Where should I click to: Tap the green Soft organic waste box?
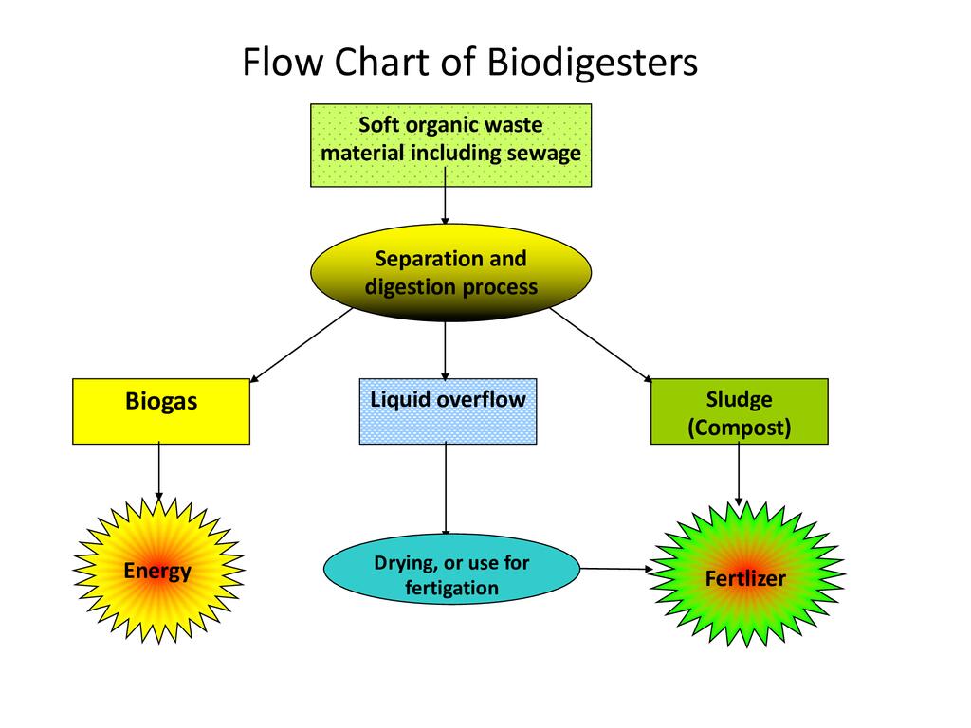coord(450,145)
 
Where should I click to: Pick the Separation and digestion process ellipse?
coord(450,273)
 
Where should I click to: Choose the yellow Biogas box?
coord(161,411)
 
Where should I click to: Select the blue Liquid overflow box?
coord(448,411)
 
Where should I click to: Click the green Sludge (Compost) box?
coord(739,411)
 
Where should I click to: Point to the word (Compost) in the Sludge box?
coord(739,428)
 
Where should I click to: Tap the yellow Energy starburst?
coord(158,571)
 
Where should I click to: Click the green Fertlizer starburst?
coord(745,576)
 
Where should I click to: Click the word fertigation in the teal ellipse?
coord(451,588)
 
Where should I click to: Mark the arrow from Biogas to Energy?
coord(158,471)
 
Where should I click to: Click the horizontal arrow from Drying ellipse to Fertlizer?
coord(616,569)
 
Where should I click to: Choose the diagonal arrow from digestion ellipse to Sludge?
coord(599,344)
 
